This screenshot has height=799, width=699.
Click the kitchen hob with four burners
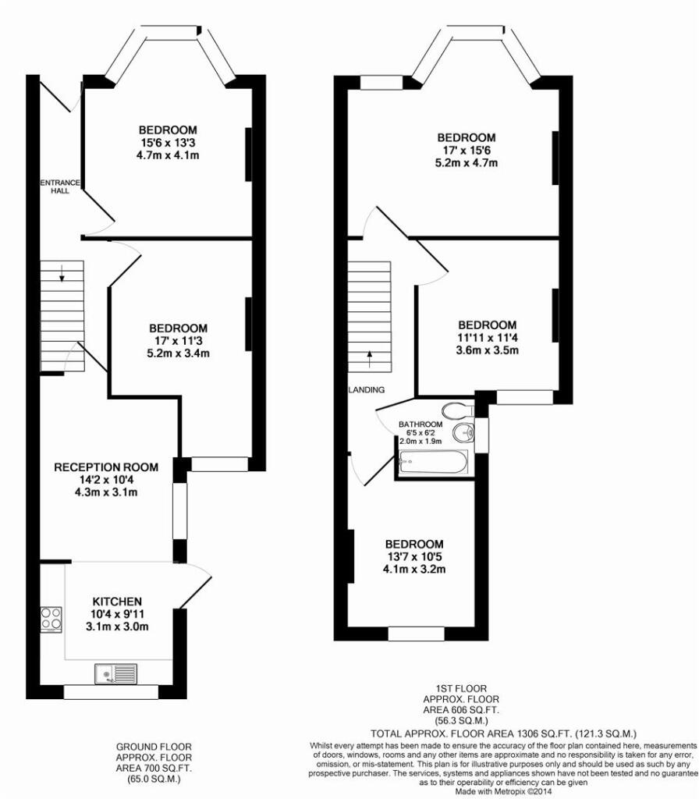51,620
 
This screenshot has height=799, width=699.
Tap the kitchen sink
115,673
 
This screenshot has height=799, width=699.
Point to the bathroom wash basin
463,432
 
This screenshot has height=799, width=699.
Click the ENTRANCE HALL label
60,186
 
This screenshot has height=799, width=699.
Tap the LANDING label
367,390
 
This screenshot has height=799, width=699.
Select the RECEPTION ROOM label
106,467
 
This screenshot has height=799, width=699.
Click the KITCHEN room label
117,602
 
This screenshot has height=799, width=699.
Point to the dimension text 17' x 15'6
467,151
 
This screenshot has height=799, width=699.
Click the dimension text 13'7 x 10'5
414,556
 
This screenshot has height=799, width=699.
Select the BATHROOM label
420,424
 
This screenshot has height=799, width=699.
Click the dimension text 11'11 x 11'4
488,337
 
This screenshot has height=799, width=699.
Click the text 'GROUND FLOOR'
154,747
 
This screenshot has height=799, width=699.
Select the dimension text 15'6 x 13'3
168,143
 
